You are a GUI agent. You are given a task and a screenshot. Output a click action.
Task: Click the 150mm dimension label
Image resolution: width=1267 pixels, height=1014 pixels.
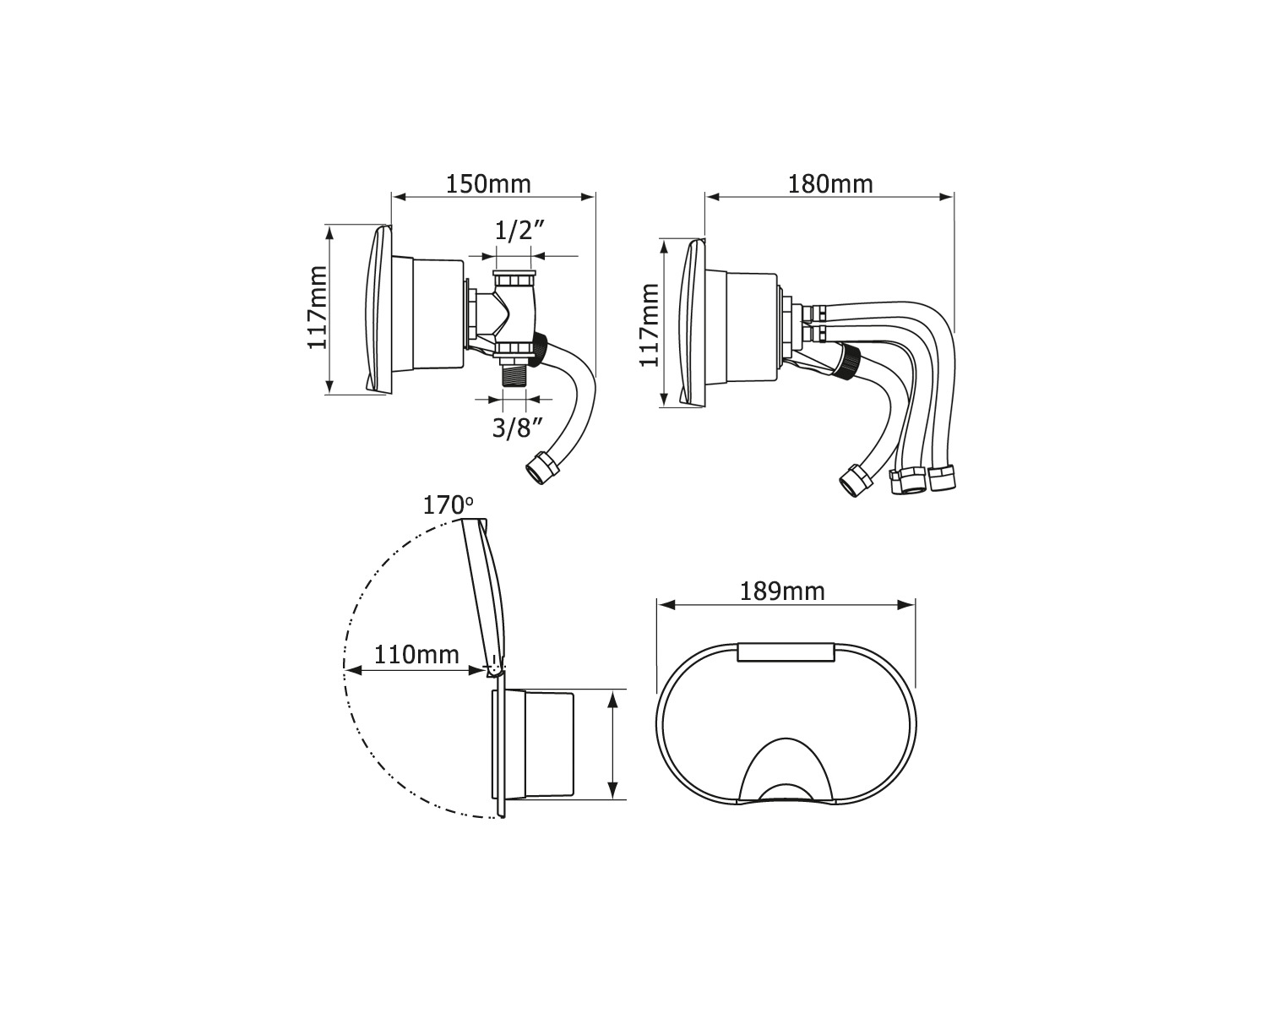pyautogui.click(x=488, y=184)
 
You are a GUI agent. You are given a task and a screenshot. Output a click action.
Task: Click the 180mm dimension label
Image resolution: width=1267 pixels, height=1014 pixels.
pyautogui.click(x=830, y=184)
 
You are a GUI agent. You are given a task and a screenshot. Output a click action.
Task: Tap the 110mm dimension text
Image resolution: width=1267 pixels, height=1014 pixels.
pyautogui.click(x=416, y=655)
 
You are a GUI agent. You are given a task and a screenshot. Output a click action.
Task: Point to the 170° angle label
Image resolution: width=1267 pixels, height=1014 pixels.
pyautogui.click(x=448, y=505)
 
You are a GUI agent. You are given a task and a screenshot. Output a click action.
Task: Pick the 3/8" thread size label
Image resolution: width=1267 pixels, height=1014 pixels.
pyautogui.click(x=516, y=428)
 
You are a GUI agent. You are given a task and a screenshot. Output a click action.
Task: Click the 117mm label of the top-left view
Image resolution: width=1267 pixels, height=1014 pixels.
pyautogui.click(x=318, y=308)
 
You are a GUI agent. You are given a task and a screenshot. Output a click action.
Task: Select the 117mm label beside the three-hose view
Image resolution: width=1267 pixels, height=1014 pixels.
pyautogui.click(x=650, y=325)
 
